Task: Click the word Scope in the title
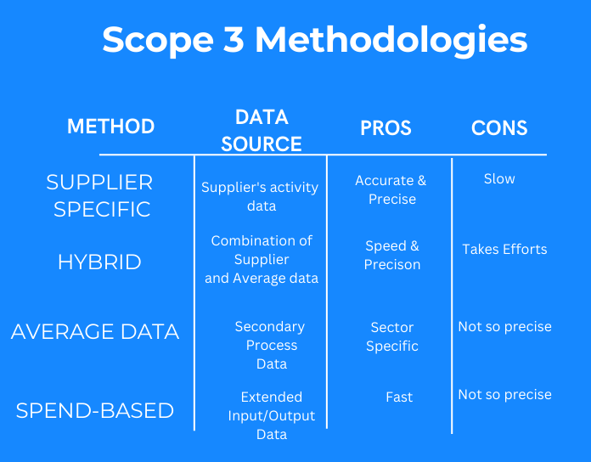click(x=158, y=40)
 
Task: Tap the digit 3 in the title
click(x=234, y=39)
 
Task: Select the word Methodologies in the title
click(x=391, y=40)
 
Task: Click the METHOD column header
click(x=110, y=127)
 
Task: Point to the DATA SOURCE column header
click(x=262, y=131)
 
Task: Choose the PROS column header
click(x=386, y=128)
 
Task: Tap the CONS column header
click(x=499, y=128)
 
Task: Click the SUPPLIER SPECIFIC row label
click(x=100, y=195)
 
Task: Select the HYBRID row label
click(x=99, y=262)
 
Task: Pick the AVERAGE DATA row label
click(x=95, y=331)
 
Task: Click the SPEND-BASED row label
click(x=95, y=410)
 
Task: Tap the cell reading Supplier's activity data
click(x=260, y=196)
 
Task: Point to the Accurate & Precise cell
click(x=391, y=189)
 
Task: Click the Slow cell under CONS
click(x=499, y=178)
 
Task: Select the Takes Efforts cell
click(x=504, y=249)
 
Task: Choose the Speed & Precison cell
click(x=392, y=255)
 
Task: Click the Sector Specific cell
click(x=392, y=336)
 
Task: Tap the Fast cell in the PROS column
click(x=399, y=397)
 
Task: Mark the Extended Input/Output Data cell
click(x=272, y=415)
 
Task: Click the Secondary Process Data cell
click(x=271, y=345)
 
